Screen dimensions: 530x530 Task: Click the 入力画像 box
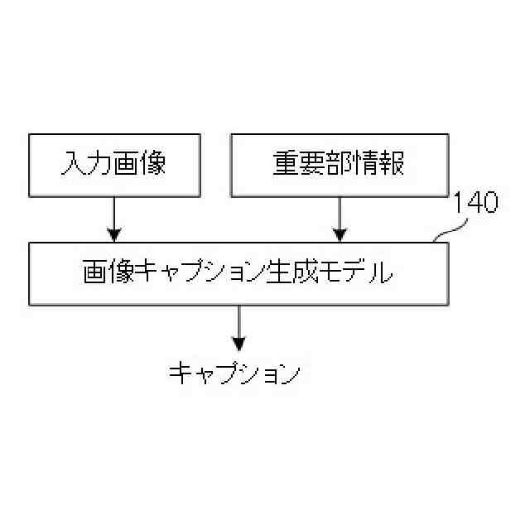114,165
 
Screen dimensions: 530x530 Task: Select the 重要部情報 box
339,165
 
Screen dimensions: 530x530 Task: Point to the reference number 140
475,204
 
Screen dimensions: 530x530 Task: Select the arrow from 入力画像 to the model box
114,219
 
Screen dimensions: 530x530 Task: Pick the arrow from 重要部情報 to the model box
339,219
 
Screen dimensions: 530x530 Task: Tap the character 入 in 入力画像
73,164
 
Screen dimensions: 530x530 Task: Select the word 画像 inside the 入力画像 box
139,164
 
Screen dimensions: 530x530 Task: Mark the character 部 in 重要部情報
339,164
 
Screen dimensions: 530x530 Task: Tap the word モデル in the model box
359,273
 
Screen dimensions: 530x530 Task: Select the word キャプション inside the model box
200,273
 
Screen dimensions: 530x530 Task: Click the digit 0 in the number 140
489,204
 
